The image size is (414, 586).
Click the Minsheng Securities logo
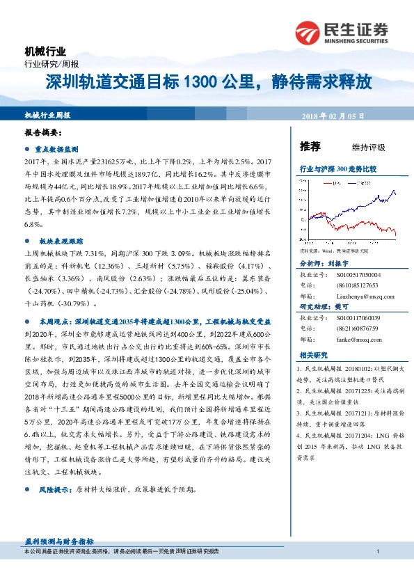(x=342, y=32)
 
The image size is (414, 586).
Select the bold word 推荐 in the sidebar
(x=310, y=146)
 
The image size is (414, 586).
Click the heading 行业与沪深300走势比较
(x=337, y=169)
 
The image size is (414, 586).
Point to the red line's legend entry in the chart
(x=333, y=183)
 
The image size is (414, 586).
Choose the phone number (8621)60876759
(x=349, y=329)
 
